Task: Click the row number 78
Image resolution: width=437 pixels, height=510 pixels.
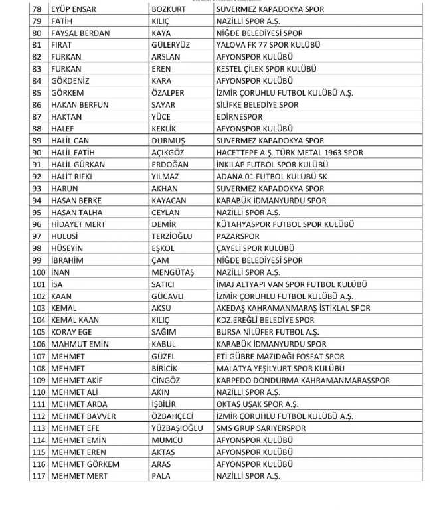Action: point(37,9)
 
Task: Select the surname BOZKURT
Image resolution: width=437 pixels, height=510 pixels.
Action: point(172,9)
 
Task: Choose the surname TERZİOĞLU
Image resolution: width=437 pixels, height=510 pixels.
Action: point(175,236)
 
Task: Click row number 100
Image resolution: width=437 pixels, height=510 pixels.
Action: point(39,272)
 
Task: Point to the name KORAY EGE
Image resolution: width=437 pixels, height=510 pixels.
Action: point(74,332)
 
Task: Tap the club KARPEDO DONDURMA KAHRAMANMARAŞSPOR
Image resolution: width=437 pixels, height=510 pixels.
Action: point(303,380)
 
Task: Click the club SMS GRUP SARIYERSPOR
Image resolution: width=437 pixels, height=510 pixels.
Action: point(261,428)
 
